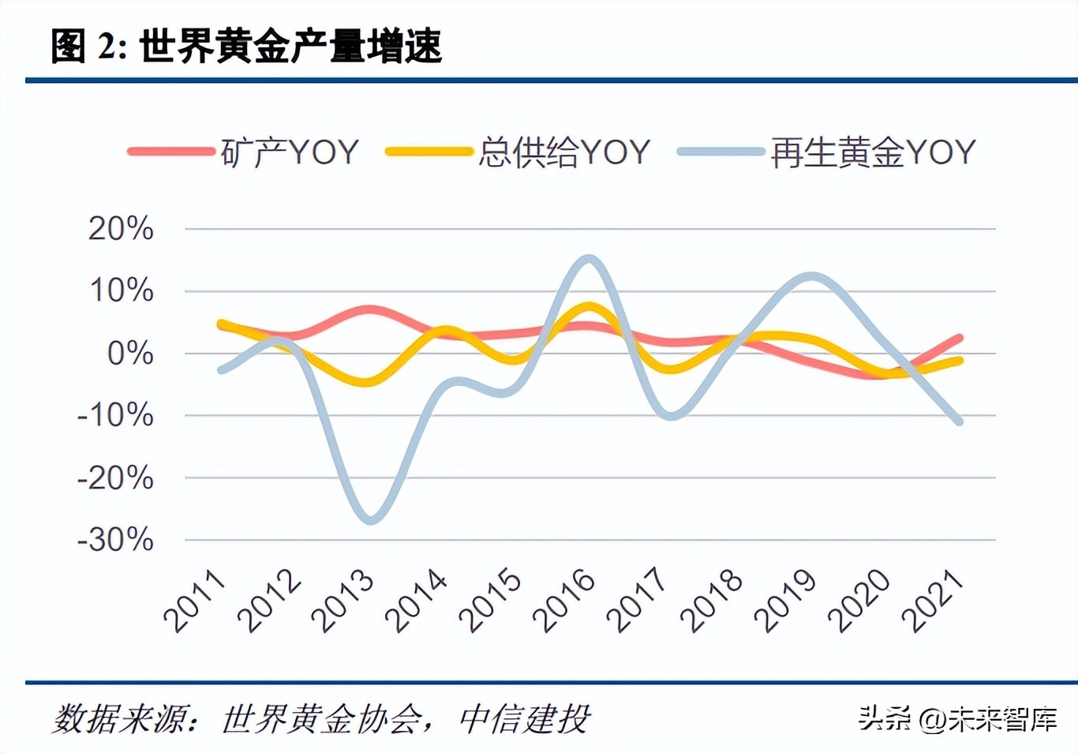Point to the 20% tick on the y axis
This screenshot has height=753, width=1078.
click(x=121, y=229)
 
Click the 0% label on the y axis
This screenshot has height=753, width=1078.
click(x=129, y=354)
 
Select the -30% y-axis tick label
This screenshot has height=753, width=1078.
click(x=115, y=540)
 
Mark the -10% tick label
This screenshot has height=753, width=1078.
click(x=115, y=415)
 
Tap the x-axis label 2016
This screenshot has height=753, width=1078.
click(x=563, y=601)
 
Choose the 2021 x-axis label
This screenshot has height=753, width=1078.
click(x=933, y=601)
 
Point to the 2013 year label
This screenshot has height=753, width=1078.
click(x=342, y=601)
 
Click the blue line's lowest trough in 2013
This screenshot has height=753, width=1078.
click(x=370, y=520)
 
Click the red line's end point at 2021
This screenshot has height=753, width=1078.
click(x=959, y=338)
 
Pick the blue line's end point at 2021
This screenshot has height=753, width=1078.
click(x=959, y=421)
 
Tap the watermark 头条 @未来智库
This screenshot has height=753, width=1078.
click(x=957, y=719)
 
